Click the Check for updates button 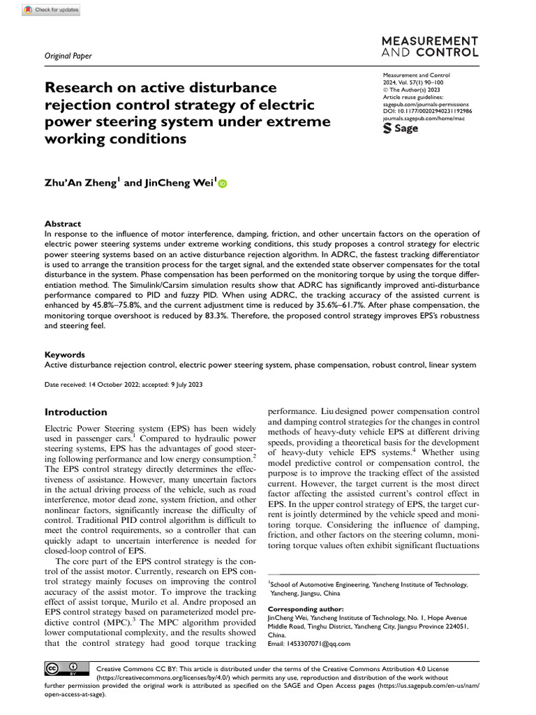pyautogui.click(x=52, y=10)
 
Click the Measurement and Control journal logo pyautogui.click(x=430, y=46)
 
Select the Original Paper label pyautogui.click(x=68, y=56)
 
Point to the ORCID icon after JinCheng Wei pyautogui.click(x=223, y=184)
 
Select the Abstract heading pyautogui.click(x=63, y=223)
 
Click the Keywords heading pyautogui.click(x=65, y=355)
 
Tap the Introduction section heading pyautogui.click(x=76, y=412)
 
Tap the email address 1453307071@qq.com pyautogui.click(x=309, y=643)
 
